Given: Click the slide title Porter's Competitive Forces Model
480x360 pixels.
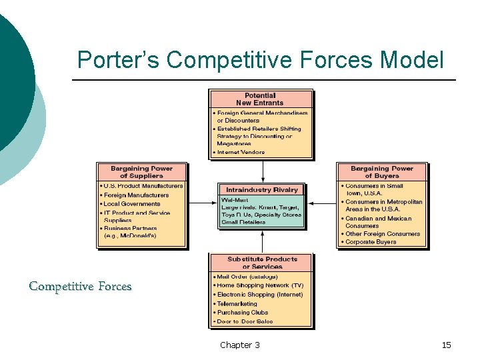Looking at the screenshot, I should (x=260, y=60).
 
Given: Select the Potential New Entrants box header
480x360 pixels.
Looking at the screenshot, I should (x=260, y=99).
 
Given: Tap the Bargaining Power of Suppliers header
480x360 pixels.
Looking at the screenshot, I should (x=141, y=172).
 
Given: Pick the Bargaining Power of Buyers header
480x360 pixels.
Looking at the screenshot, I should (x=382, y=172).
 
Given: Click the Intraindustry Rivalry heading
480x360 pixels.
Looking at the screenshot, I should (x=262, y=190).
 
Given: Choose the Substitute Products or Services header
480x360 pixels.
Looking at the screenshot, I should (x=262, y=263).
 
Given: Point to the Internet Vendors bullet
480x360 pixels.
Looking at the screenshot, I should (x=240, y=152).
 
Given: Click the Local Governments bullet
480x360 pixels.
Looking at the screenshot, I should (x=132, y=204).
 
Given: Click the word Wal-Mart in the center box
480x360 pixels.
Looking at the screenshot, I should (x=235, y=200).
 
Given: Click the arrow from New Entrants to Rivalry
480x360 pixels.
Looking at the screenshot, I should (x=263, y=171).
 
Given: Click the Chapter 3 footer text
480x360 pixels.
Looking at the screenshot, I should (x=240, y=345).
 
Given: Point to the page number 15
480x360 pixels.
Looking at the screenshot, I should (x=446, y=345).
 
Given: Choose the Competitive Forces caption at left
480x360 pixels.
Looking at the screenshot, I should (x=80, y=287).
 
